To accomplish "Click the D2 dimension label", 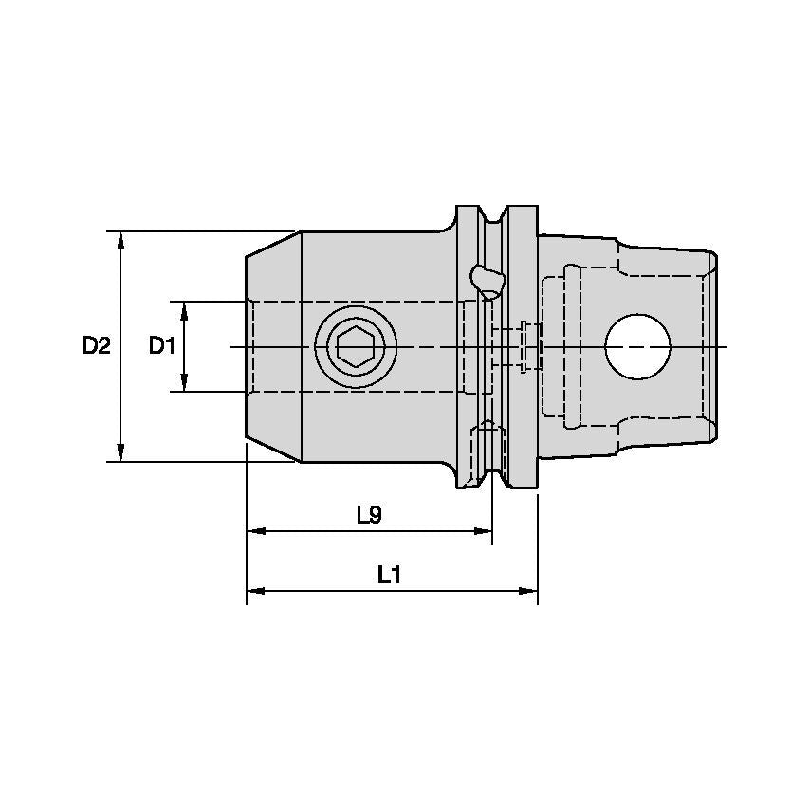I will click(x=96, y=346).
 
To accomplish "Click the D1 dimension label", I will click(x=161, y=346).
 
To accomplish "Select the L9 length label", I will click(x=369, y=515).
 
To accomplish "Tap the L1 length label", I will click(x=390, y=574).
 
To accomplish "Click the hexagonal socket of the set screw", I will click(x=356, y=347).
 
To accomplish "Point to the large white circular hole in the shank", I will click(x=638, y=346).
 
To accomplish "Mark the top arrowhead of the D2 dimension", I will click(x=120, y=238).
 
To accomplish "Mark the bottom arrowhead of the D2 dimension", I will click(x=120, y=454).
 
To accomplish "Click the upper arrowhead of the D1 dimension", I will click(x=184, y=309).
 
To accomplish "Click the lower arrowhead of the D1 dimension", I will click(x=184, y=383).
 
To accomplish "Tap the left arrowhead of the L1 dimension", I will click(x=255, y=591).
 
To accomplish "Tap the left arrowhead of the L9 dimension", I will click(x=255, y=532).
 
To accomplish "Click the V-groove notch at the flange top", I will click(x=492, y=216).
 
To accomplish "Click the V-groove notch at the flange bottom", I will click(x=492, y=478).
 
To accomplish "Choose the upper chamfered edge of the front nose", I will click(x=273, y=243).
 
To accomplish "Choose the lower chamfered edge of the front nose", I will click(x=273, y=451).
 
